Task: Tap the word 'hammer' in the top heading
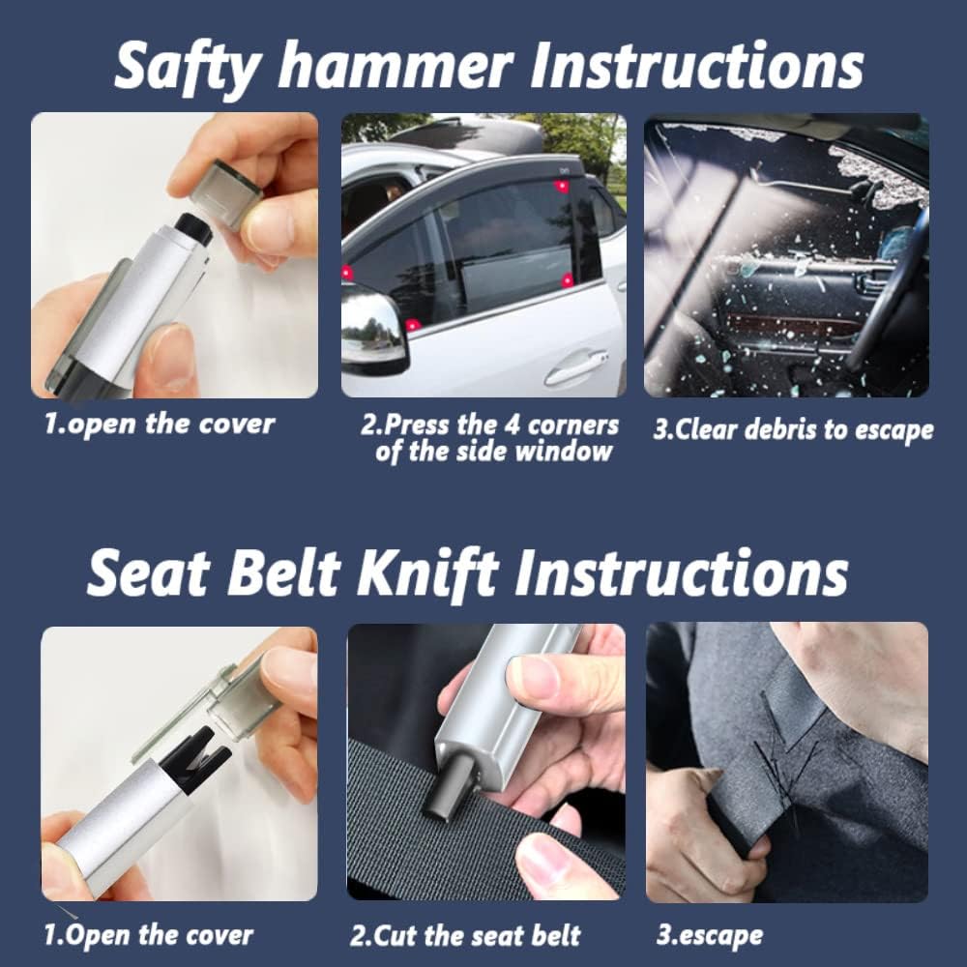(396, 65)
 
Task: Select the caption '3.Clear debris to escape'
(793, 430)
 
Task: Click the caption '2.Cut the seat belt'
(465, 935)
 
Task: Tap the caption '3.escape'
(709, 935)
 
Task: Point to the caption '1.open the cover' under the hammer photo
(160, 425)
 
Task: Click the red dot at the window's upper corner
(561, 186)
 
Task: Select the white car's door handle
(576, 366)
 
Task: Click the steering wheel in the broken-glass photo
(887, 290)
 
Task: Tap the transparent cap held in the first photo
(224, 193)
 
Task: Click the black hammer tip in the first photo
(194, 228)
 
